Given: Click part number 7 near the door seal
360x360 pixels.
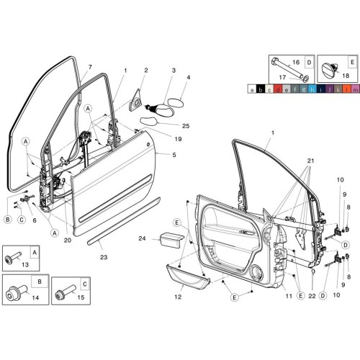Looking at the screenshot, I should pos(90,67).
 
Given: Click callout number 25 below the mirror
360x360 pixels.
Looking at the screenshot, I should pos(185,126).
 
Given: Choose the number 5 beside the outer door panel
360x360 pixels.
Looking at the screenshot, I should pos(174,153).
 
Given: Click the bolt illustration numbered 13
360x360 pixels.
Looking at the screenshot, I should pos(15,258).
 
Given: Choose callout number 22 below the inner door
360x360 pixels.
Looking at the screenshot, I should pos(312,294).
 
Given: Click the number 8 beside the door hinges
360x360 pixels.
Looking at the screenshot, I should pos(348,207).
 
